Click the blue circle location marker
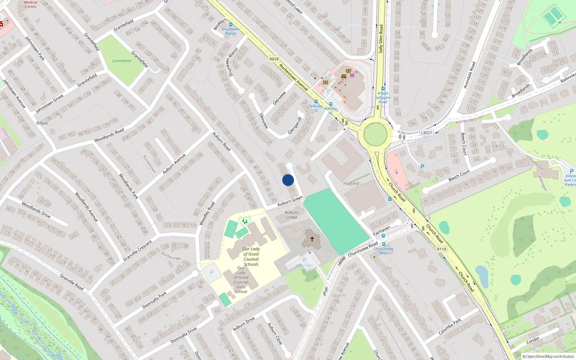pyautogui.click(x=288, y=180)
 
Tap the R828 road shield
pyautogui.click(x=274, y=59)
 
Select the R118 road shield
pyautogui.click(x=441, y=249)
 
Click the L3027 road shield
pyautogui.click(x=426, y=133)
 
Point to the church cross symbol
pyautogui.click(x=312, y=239)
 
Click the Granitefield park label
pyautogui.click(x=122, y=61)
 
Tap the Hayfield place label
pyautogui.click(x=351, y=183)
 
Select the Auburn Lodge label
pyautogui.click(x=292, y=215)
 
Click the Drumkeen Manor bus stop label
pyautogui.click(x=230, y=31)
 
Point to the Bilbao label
pyautogui.click(x=42, y=123)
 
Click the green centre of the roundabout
pyautogui.click(x=375, y=134)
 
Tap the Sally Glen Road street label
pyautogui.click(x=381, y=39)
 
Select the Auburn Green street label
pyautogui.click(x=290, y=201)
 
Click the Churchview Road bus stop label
pyautogui.click(x=383, y=251)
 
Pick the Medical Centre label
pyautogui.click(x=31, y=4)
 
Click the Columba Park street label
pyautogui.click(x=450, y=327)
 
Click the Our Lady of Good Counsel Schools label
pyautogui.click(x=251, y=256)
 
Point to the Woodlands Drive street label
pyautogui.click(x=36, y=210)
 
